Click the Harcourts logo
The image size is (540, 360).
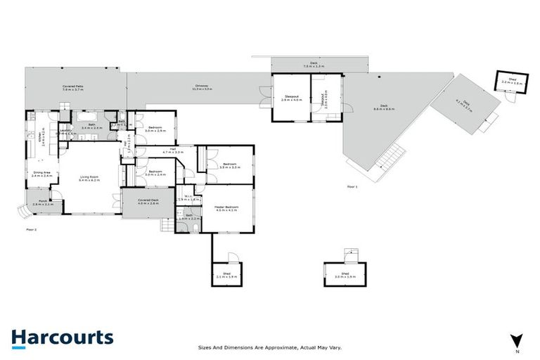point(62,337)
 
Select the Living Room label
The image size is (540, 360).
point(89,179)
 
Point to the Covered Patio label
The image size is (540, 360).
point(72,88)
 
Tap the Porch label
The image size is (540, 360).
point(43,203)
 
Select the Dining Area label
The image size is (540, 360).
point(41,174)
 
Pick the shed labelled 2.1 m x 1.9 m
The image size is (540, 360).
point(226,275)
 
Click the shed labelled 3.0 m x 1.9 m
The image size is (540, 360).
point(345,275)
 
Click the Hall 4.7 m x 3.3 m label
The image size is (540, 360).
point(173,150)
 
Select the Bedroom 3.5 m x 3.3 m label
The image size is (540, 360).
point(230,166)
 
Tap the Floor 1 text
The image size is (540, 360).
point(352,186)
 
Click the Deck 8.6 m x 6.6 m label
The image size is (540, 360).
point(384,108)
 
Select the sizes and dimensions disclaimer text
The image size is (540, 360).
point(270,347)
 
